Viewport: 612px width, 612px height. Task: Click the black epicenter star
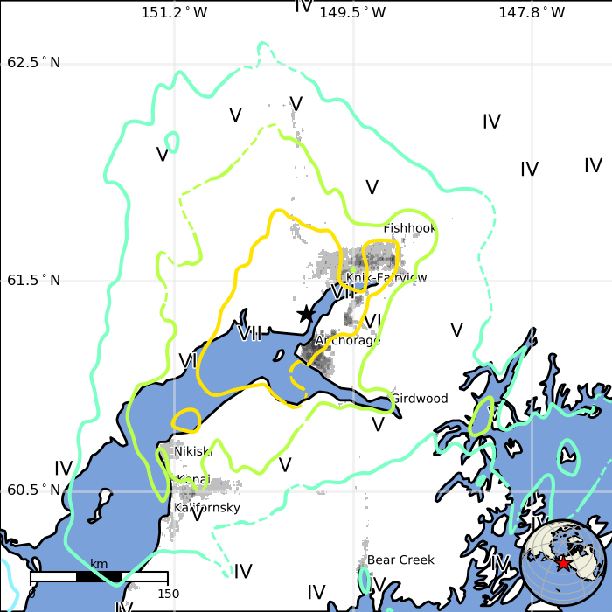(x=305, y=313)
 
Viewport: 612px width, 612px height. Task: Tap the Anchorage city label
(x=348, y=340)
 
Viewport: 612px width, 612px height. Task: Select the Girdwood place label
(x=419, y=399)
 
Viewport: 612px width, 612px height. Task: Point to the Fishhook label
(x=409, y=228)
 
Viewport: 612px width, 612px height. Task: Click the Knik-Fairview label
(x=386, y=278)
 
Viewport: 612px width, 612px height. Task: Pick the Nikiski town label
(x=193, y=451)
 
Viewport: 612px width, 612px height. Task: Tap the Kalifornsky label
(x=207, y=507)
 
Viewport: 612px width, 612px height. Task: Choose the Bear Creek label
(x=400, y=560)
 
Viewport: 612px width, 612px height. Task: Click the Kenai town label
(x=193, y=479)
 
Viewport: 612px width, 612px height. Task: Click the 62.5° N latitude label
(x=34, y=63)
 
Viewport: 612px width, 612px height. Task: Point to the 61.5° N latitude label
(x=34, y=281)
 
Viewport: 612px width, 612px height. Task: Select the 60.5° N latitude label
(x=34, y=490)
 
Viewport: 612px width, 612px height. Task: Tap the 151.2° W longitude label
(x=174, y=12)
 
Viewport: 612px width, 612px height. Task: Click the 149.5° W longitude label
(x=352, y=12)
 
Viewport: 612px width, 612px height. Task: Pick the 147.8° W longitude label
(x=532, y=12)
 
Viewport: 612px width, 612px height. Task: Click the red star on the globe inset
(x=563, y=563)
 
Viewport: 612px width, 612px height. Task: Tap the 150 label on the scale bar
(x=168, y=594)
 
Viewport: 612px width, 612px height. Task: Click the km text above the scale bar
(x=99, y=564)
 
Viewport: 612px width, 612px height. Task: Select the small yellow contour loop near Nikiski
(x=185, y=421)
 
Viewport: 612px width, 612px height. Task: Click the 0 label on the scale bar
(x=31, y=594)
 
